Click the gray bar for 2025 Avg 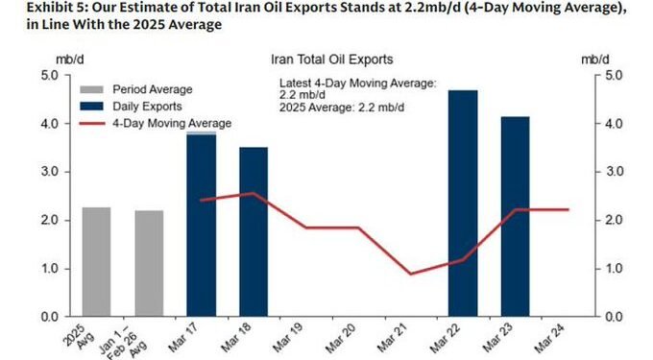(96, 262)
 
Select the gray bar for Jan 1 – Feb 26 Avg (149, 264)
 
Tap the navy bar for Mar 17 (201, 226)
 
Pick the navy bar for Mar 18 (254, 231)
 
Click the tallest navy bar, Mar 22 (463, 203)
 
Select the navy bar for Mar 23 (516, 216)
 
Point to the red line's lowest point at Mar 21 (411, 274)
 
